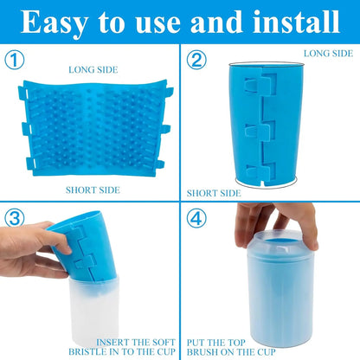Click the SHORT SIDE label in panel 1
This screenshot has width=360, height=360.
pos(92,190)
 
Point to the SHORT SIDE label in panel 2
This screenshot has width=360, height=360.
pos(214,194)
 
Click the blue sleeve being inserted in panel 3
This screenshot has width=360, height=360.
pos(87,251)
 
